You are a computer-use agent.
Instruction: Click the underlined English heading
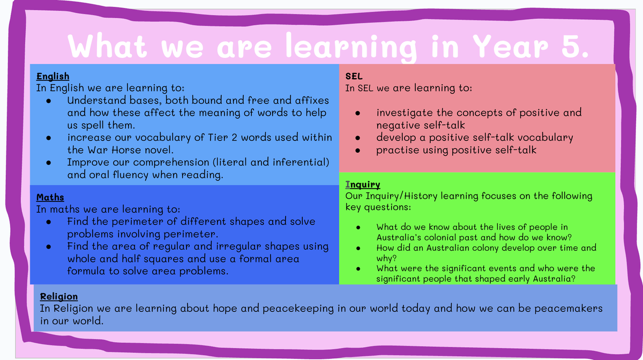click(53, 77)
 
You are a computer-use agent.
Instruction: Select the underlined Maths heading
click(50, 197)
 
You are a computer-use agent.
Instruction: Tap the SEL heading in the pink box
click(354, 77)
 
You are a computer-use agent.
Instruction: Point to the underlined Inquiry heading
click(363, 185)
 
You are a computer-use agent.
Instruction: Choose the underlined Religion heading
click(59, 296)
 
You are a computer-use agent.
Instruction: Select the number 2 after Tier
click(234, 138)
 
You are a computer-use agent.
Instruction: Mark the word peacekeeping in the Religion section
click(298, 309)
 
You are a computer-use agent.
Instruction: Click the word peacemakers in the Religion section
click(569, 309)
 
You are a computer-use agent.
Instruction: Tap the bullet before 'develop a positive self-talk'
click(358, 138)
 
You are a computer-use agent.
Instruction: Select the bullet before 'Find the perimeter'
click(49, 222)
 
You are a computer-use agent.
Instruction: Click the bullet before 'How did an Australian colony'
click(358, 249)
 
